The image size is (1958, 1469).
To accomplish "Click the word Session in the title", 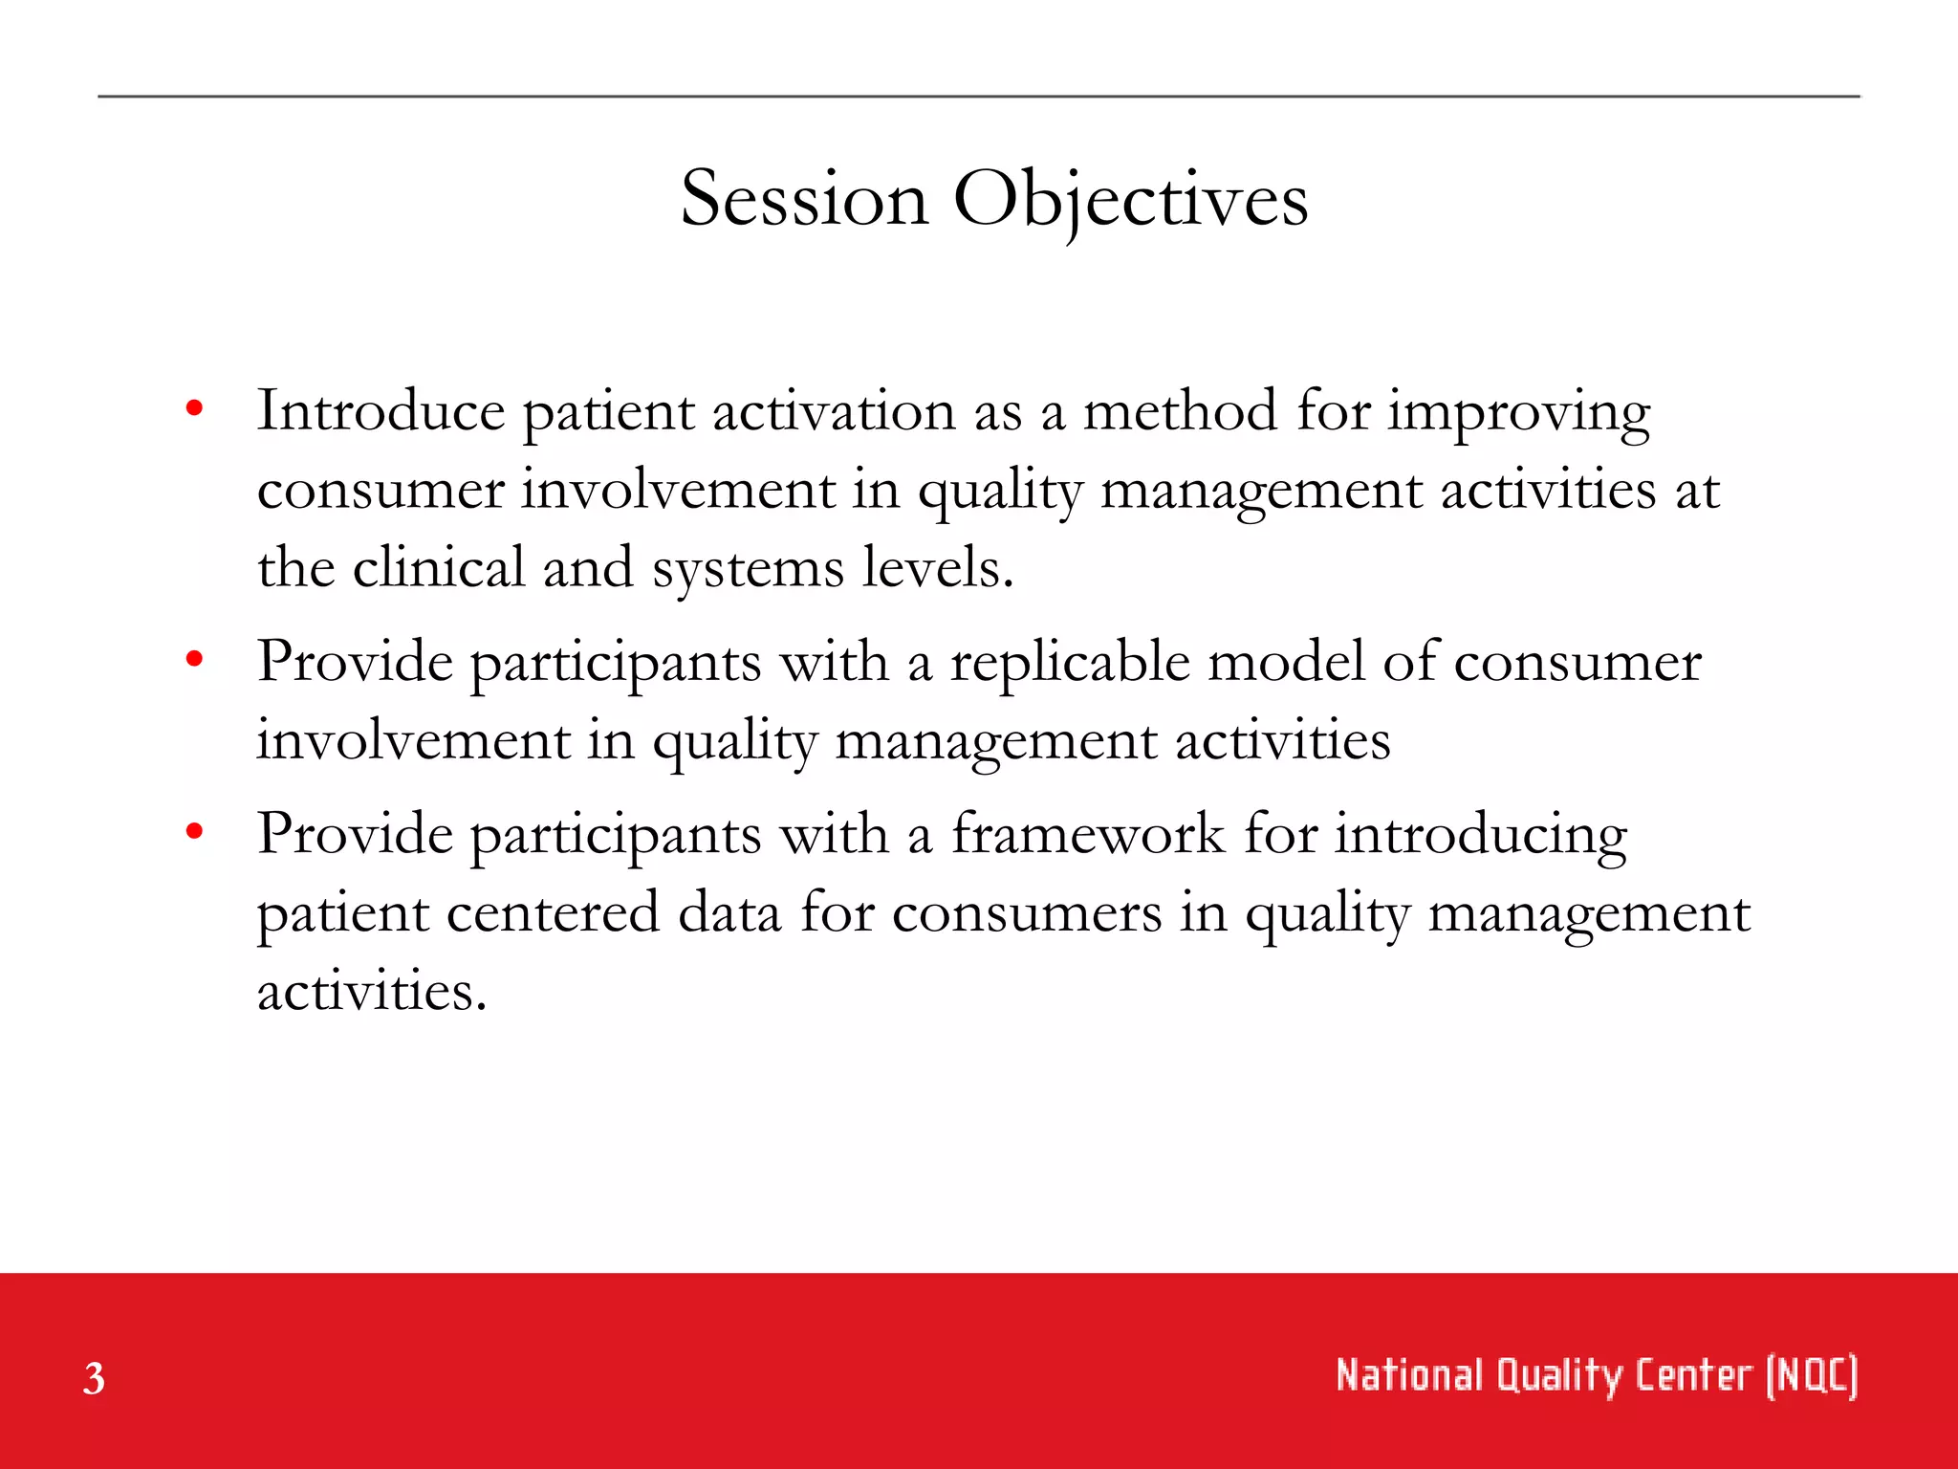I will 804,199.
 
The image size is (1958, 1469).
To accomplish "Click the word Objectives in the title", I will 1131,199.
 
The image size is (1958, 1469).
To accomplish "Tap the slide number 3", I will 94,1378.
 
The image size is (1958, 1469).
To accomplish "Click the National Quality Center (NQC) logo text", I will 1596,1375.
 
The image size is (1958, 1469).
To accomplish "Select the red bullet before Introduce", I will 195,409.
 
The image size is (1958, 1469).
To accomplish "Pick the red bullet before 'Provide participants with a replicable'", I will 195,659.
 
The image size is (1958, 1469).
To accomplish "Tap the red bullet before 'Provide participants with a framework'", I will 195,831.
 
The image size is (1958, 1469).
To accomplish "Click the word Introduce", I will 381,411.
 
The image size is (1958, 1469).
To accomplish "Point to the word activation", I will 834,411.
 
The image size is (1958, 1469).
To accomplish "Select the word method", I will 1180,411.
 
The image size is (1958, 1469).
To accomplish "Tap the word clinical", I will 439,567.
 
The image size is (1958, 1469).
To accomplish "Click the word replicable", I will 1070,662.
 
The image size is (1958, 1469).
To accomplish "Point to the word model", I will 1286,661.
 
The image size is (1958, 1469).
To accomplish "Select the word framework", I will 1088,833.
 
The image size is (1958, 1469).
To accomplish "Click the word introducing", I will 1480,835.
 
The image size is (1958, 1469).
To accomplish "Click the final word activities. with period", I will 372,991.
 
